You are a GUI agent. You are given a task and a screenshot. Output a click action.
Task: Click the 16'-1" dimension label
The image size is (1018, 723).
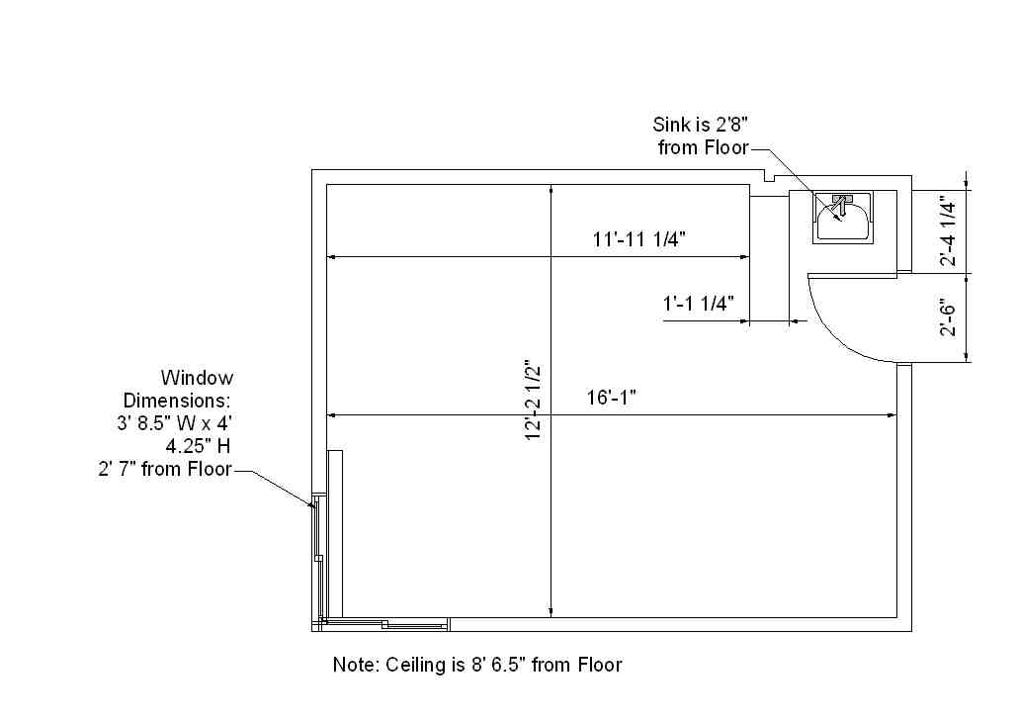pos(612,397)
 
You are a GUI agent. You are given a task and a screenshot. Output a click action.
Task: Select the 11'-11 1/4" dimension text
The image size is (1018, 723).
pos(638,239)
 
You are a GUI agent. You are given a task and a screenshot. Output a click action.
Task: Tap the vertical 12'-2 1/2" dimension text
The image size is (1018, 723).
pos(533,401)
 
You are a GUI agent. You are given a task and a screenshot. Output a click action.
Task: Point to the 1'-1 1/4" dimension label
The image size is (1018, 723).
pos(698,303)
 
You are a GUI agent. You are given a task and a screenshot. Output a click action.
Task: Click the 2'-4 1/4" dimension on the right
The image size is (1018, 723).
pos(949,233)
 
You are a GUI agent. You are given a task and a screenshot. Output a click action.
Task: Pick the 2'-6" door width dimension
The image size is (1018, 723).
pos(949,317)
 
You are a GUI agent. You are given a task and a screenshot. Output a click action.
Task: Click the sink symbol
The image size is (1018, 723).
pos(843,217)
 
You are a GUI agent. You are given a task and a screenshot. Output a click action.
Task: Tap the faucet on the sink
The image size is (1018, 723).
pos(841,204)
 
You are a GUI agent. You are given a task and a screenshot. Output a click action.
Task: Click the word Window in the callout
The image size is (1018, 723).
pos(197,378)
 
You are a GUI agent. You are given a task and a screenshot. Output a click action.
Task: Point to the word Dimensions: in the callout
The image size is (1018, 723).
pos(177,401)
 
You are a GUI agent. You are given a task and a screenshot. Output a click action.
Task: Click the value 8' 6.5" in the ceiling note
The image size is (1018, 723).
pos(498,665)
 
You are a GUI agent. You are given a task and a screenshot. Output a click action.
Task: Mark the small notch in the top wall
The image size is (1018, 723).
pos(770,176)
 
